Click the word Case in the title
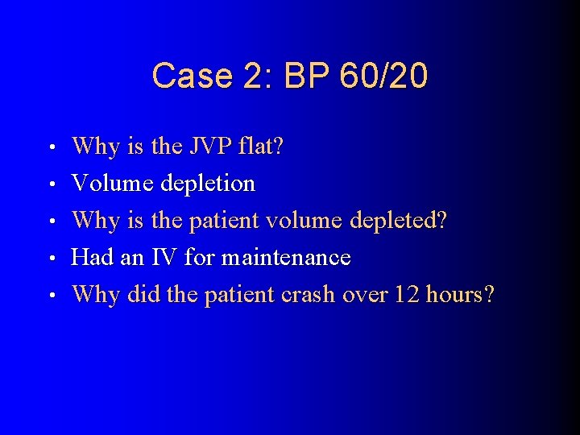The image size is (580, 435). coord(184,77)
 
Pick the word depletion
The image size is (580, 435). coord(208,184)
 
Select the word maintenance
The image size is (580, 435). coord(286,258)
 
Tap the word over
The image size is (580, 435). coord(365,295)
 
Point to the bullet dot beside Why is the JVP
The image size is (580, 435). coord(51,148)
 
